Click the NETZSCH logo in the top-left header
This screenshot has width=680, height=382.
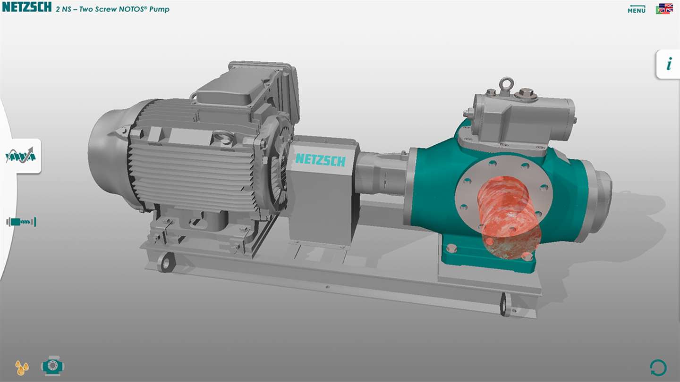[x=27, y=7]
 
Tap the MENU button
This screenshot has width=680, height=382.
[x=637, y=9]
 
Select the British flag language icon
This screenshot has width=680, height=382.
[x=665, y=8]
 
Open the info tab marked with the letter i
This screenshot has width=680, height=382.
[x=669, y=64]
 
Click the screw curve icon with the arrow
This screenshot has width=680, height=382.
[x=21, y=155]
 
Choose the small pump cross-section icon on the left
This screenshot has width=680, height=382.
[x=21, y=222]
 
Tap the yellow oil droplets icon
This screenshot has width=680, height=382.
[x=22, y=367]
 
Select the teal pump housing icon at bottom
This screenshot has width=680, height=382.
[x=52, y=366]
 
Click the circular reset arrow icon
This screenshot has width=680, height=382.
[x=658, y=368]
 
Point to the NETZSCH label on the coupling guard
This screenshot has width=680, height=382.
[x=321, y=159]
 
